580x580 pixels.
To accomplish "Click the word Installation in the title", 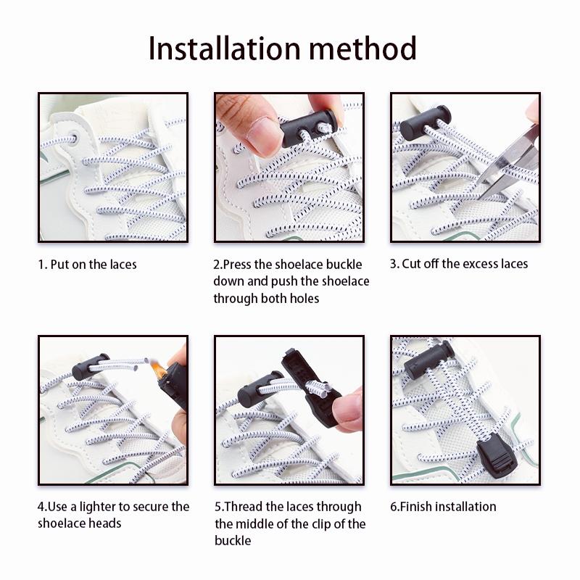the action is (224, 49).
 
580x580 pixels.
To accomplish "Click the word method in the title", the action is (363, 49).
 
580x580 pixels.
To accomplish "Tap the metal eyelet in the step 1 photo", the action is (72, 138).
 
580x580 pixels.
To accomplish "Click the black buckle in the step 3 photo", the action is (426, 123).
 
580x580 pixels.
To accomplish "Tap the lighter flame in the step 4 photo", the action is (158, 370).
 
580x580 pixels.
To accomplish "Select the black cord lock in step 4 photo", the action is (91, 367).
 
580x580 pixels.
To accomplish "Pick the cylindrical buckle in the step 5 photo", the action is (260, 389).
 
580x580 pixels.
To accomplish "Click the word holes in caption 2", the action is (304, 298).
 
